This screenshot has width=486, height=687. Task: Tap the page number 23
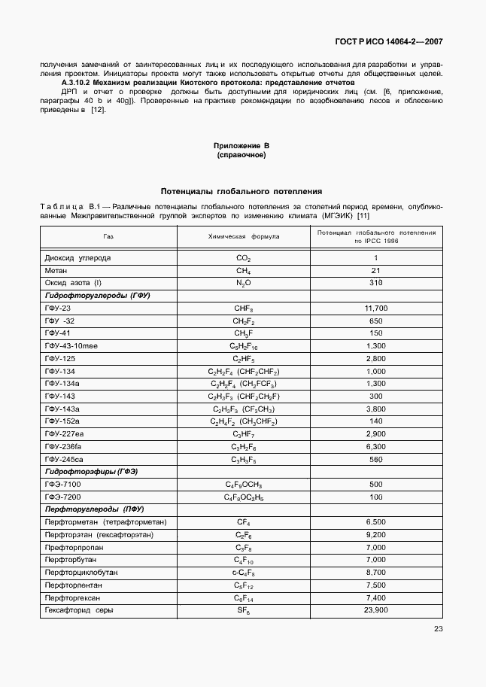pos(438,630)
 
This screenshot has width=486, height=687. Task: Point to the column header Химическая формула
pos(243,236)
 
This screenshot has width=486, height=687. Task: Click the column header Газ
pos(108,236)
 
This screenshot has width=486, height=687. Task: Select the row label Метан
pos(57,270)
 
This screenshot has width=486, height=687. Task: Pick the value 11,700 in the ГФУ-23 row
pos(375,309)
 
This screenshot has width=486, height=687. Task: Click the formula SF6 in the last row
pos(243,610)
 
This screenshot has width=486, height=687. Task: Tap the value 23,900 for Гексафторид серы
pos(375,610)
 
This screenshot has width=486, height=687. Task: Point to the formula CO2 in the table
pos(243,258)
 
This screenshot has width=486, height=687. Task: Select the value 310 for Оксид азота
pos(375,283)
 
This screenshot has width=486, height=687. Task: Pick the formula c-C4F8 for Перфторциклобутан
pos(243,573)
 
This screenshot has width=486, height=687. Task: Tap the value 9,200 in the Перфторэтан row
pos(375,535)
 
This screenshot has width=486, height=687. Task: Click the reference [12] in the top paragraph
pos(98,110)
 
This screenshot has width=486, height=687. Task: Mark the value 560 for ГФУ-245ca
pos(375,460)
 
